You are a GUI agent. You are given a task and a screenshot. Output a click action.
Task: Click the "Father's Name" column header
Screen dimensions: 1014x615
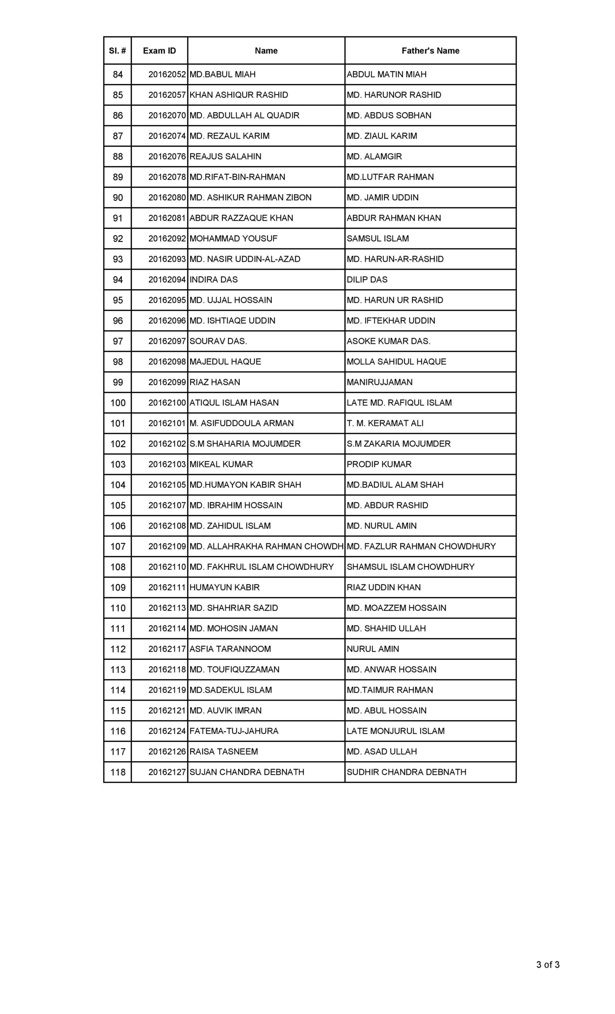coord(430,51)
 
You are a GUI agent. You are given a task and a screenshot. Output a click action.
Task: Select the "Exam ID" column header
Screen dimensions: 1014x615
coord(159,51)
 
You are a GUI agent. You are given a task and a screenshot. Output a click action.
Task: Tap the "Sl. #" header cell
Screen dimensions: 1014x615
coord(117,51)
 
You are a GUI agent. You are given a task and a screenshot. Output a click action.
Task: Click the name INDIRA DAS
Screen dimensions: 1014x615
coord(213,279)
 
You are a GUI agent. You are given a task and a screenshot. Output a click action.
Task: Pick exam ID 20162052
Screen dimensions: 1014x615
coord(167,74)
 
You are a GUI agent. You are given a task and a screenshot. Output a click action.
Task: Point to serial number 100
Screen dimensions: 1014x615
coord(118,403)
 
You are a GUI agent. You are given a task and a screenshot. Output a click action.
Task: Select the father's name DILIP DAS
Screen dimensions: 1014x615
coord(367,279)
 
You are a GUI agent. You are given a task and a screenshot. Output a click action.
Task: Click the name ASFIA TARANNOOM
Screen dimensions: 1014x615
coord(230,649)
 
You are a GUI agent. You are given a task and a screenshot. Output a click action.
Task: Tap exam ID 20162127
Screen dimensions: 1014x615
coord(167,772)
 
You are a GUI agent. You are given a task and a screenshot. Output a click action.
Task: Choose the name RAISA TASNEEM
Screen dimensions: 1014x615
coord(224,751)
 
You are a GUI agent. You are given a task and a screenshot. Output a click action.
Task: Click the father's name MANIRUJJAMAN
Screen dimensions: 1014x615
coord(379,382)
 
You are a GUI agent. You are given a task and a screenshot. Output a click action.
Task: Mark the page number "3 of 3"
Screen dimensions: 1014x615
coord(548,964)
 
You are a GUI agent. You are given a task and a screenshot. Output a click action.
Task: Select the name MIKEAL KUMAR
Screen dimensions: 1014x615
coord(221,464)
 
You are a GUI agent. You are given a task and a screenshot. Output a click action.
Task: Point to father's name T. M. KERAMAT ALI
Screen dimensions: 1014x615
coord(385,423)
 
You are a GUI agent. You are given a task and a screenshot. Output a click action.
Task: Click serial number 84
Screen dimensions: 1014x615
coord(118,74)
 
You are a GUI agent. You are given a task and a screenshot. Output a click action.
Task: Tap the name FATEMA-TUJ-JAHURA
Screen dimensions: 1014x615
coord(233,731)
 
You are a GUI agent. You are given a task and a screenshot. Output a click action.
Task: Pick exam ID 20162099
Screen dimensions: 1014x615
coord(167,382)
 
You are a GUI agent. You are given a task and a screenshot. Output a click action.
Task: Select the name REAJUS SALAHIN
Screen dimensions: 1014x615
coord(225,156)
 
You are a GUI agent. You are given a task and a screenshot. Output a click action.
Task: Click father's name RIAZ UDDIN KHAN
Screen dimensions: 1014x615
coord(383,587)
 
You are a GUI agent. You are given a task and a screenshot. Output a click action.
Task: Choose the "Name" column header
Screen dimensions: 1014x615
coord(266,51)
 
